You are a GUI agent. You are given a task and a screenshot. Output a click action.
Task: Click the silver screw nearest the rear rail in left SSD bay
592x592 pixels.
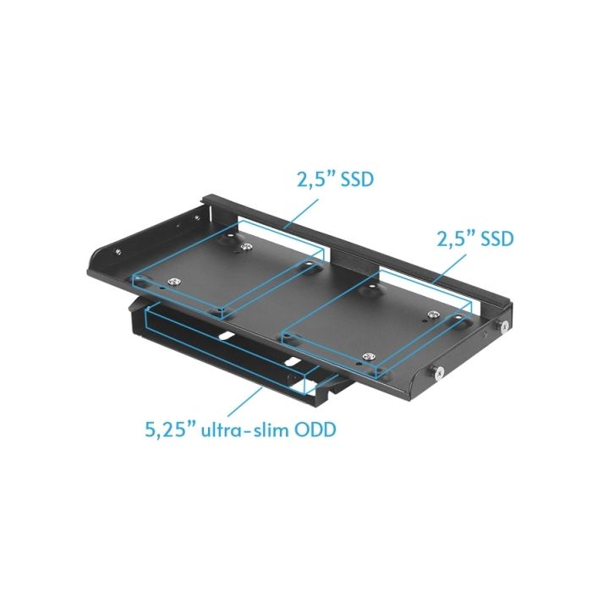[x=246, y=247]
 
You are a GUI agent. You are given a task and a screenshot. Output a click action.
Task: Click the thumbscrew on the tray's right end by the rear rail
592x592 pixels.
[x=505, y=325]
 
